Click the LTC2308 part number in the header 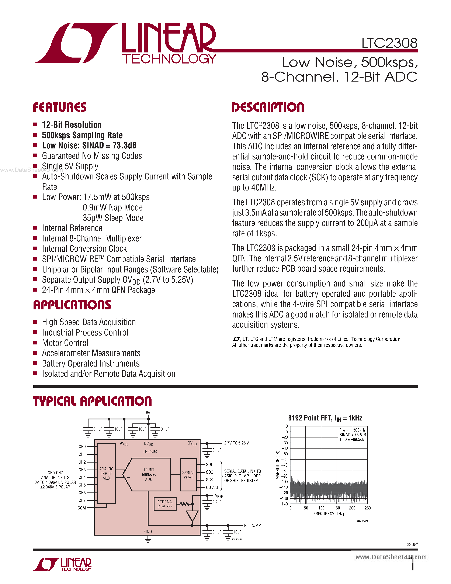(389, 43)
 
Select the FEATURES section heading (60, 107)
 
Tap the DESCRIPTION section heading (268, 107)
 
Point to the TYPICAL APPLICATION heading (93, 401)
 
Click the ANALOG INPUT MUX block (106, 474)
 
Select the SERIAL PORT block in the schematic (188, 475)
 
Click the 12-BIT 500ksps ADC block (149, 475)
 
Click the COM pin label (81, 508)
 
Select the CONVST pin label (213, 487)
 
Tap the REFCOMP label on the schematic (252, 525)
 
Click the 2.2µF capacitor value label (217, 502)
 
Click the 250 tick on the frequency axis (368, 508)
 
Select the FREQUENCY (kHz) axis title (329, 514)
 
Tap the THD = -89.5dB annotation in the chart (352, 440)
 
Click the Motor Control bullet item (65, 343)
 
